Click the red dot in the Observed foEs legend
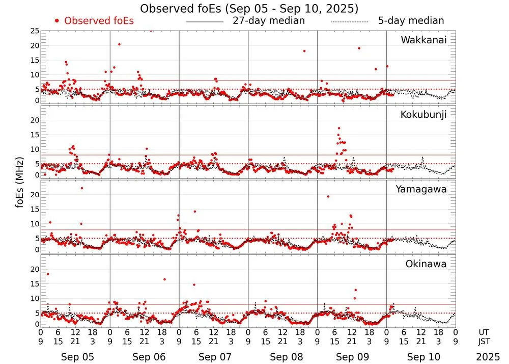tap(57, 21)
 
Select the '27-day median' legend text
tap(268, 21)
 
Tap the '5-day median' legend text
tap(411, 21)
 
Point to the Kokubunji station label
tap(423, 115)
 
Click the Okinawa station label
tap(426, 264)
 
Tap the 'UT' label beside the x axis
tap(485, 331)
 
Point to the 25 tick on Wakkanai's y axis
tap(35, 31)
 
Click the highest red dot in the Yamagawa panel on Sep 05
tap(81, 188)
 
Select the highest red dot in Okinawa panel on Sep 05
tap(48, 274)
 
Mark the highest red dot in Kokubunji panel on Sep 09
tap(339, 128)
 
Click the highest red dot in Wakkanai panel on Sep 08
tap(304, 51)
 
